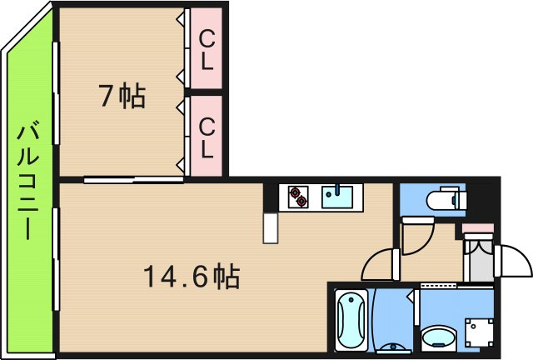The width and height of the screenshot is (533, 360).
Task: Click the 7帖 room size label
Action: (x=122, y=97)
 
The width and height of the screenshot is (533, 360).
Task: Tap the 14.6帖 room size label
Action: (x=191, y=276)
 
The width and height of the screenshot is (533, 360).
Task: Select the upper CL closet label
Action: (x=207, y=49)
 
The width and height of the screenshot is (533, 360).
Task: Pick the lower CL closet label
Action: (x=207, y=136)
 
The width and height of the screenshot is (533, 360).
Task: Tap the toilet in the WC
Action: (x=446, y=200)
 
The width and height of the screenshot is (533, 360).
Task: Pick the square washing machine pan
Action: (x=479, y=333)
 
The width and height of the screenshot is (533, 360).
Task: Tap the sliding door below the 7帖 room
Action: (x=133, y=178)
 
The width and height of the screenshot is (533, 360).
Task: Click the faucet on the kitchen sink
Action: (x=338, y=188)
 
